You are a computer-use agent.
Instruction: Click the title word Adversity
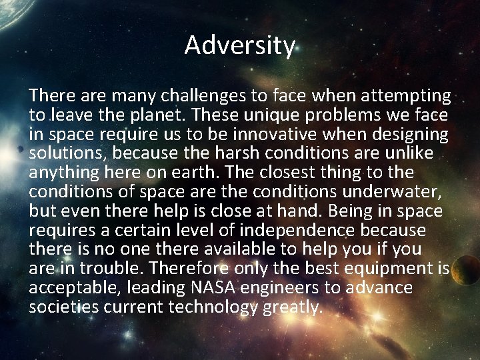(x=240, y=45)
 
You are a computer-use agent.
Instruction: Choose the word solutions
(x=67, y=154)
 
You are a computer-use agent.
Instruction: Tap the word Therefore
(x=189, y=269)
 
